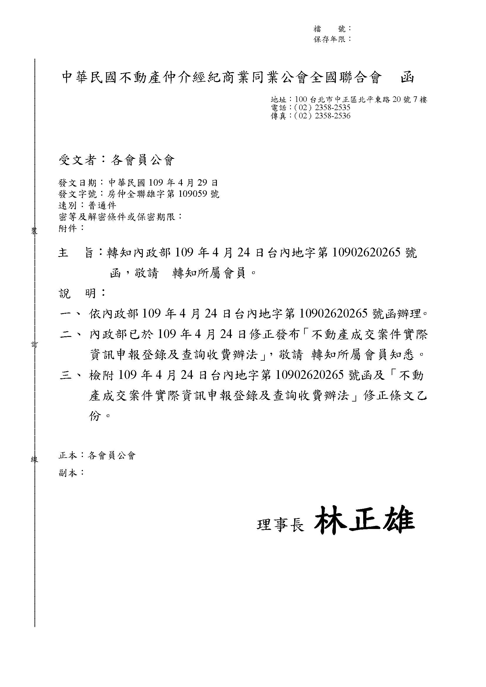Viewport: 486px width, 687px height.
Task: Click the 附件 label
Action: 68,228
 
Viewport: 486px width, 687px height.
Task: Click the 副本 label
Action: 68,473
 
